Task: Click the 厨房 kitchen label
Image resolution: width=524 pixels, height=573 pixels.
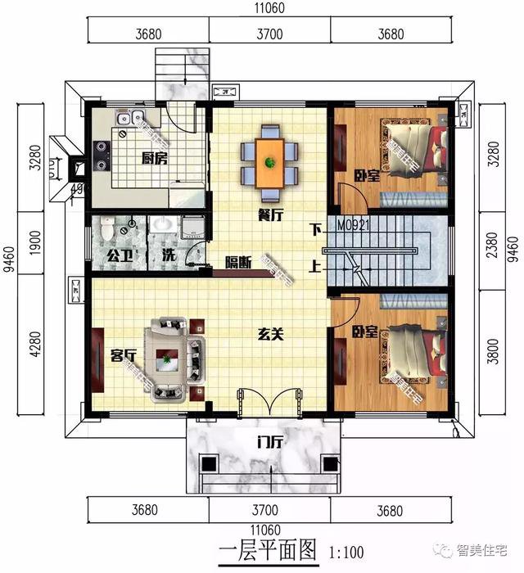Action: tap(154, 158)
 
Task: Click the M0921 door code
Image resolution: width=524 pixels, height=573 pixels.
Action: tap(354, 223)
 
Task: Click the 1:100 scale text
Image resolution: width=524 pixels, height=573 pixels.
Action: tap(346, 553)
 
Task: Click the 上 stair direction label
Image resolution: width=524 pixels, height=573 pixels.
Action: tap(315, 264)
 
